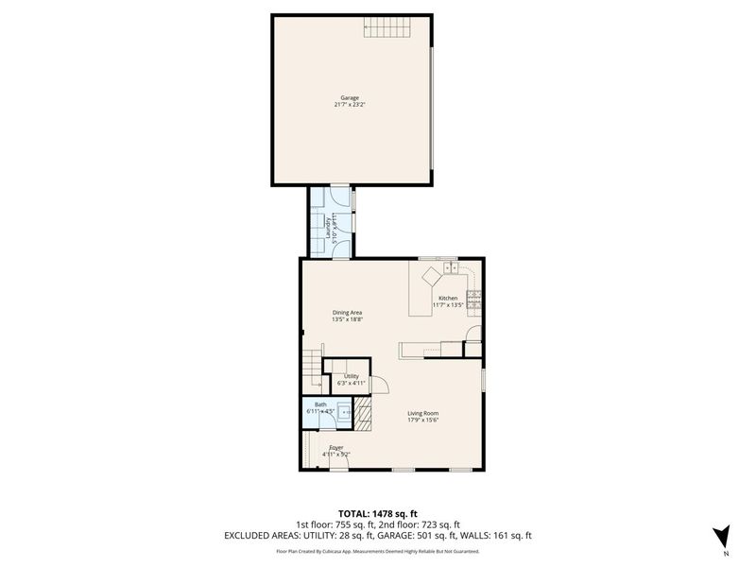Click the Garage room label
pos(350,97)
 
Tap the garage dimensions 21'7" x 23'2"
pos(350,105)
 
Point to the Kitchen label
pos(447,298)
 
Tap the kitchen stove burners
pos(476,300)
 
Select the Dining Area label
pos(348,313)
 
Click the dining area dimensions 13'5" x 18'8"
pos(348,320)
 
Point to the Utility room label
pos(351,376)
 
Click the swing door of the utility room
pos(380,385)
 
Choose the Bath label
pos(320,404)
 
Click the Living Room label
pos(423,413)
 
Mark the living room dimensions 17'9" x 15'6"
pos(423,421)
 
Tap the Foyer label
pos(335,447)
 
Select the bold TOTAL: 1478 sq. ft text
pos(377,513)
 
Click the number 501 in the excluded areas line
pos(436,535)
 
